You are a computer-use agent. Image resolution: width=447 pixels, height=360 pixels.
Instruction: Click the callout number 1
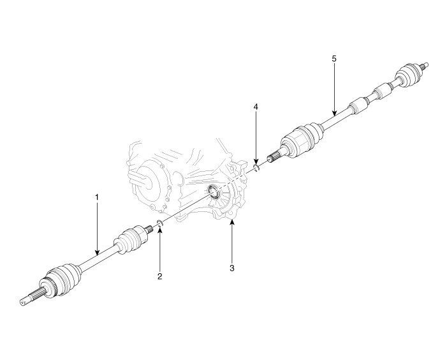97,197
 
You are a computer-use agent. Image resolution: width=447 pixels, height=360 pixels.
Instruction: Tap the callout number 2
160,276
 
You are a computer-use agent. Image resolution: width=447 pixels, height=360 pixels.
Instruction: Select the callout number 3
232,268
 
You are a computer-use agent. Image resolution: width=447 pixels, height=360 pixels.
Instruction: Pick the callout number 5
334,58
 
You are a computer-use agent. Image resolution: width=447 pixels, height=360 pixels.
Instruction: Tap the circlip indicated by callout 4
256,168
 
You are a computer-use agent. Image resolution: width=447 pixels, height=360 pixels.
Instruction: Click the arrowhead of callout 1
97,255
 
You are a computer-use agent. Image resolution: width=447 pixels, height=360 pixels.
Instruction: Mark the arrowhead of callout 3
232,221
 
